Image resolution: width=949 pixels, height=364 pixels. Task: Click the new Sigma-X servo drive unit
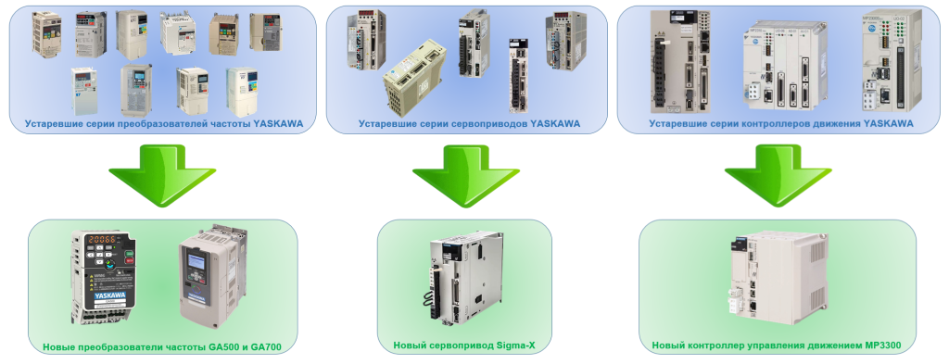tap(466, 277)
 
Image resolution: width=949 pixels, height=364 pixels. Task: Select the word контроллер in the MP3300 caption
tap(713, 346)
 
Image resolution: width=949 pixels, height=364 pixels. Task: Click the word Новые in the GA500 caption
tap(60, 347)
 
